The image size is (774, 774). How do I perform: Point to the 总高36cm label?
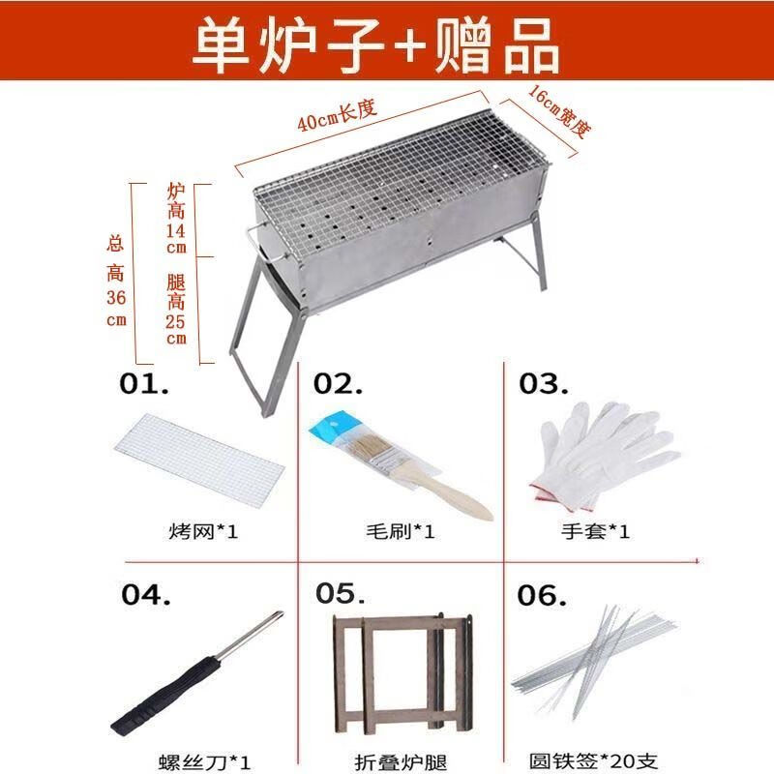pyautogui.click(x=116, y=281)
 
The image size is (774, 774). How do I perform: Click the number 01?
pyautogui.click(x=145, y=384)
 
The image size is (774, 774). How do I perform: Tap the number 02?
pyautogui.click(x=339, y=384)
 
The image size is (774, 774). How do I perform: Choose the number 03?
pyautogui.click(x=544, y=384)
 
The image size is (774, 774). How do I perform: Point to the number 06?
pyautogui.click(x=542, y=594)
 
